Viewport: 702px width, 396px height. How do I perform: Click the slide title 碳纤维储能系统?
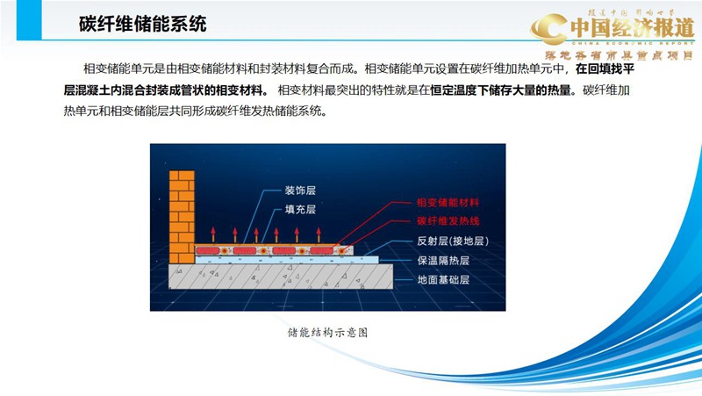tap(142, 24)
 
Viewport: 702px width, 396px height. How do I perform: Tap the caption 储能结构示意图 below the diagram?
tap(326, 333)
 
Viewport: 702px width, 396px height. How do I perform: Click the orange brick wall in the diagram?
tap(182, 211)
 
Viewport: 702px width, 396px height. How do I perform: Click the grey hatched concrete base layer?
tap(281, 278)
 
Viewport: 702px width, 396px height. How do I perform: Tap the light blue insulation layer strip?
tap(281, 260)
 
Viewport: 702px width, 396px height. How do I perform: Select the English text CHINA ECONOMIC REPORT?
tap(632, 41)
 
